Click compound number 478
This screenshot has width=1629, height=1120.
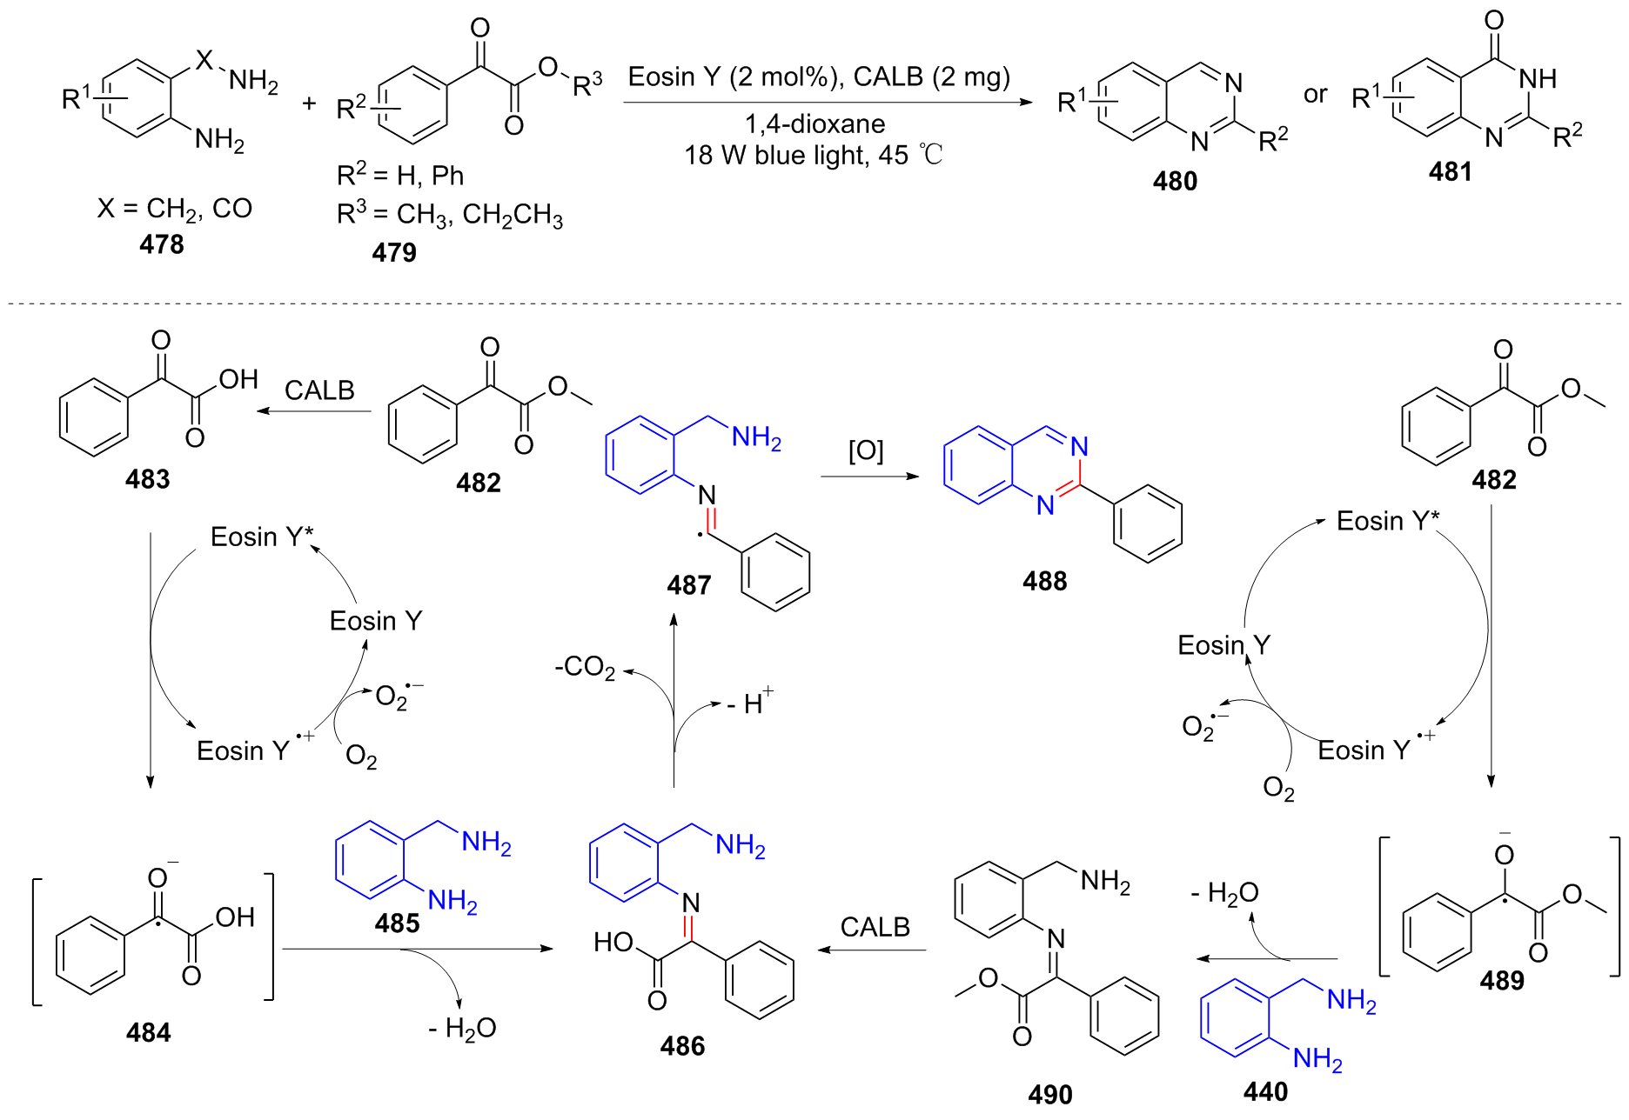point(162,244)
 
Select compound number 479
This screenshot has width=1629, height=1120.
point(394,252)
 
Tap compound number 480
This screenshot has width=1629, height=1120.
point(1175,181)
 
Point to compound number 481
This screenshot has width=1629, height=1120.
point(1450,171)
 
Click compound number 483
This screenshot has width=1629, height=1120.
point(148,479)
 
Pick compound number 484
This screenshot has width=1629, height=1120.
point(149,1032)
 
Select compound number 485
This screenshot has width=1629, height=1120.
point(398,923)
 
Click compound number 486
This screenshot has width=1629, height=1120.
point(682,1045)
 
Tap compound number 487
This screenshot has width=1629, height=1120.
point(689,584)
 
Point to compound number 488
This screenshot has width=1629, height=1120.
point(1044,581)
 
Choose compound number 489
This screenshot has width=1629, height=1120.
point(1502,980)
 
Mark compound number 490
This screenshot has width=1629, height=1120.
point(1050,1094)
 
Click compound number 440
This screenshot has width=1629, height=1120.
point(1265,1091)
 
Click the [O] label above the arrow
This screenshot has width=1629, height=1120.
point(866,450)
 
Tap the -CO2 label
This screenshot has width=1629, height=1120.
point(585,668)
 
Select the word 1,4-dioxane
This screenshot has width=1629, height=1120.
point(815,124)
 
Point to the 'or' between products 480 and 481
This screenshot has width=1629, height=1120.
point(1315,94)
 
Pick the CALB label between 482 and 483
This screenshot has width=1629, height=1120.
point(319,390)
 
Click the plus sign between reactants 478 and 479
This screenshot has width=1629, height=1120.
point(309,104)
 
